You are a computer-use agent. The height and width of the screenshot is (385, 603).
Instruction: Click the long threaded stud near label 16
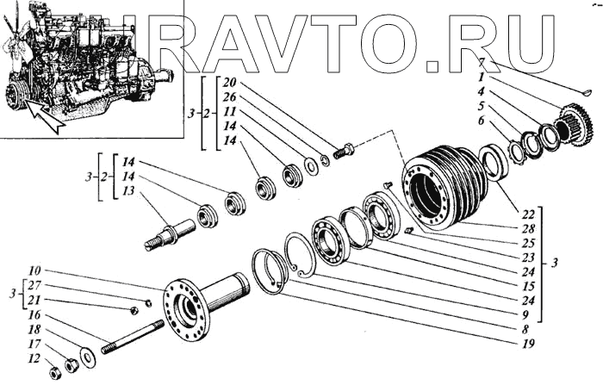(x=134, y=337)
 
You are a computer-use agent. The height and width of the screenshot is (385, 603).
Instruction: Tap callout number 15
(x=528, y=285)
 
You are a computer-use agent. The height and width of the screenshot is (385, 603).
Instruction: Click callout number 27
(x=33, y=284)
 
